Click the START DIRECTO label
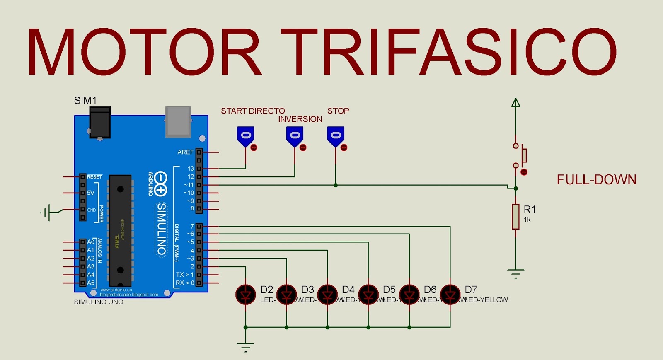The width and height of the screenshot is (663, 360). pos(253,111)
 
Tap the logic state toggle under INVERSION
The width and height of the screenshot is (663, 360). pos(295,136)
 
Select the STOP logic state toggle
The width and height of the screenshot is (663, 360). pos(336,136)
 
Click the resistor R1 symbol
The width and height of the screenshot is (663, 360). pos(515,216)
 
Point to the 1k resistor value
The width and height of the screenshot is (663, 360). pos(527,220)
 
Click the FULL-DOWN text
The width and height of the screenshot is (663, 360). pos(596,179)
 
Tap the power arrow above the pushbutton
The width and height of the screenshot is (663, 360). pos(515,103)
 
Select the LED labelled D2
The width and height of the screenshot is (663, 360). pos(245,295)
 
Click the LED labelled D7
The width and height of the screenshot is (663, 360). pos(450,295)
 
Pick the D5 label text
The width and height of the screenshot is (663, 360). pos(389,290)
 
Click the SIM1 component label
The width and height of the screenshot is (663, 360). pos(85,101)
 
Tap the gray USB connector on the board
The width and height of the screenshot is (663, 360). pos(178,121)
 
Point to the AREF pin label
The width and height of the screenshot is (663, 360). pos(185,152)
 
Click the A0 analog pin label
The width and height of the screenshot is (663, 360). pos(90,242)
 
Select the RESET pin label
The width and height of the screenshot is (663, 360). pos(94,177)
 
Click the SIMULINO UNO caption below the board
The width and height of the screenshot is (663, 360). pos(99,302)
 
